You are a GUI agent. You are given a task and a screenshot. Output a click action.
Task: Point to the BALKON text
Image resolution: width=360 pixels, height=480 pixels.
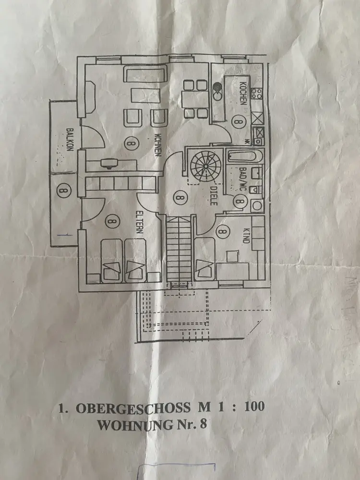(70, 140)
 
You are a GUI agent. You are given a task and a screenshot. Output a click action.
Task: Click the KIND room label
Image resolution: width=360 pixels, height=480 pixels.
(245, 235)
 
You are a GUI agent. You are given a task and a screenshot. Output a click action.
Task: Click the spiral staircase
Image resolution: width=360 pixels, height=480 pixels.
(204, 166)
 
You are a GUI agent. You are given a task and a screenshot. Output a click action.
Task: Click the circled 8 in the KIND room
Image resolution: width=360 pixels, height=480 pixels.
(222, 231)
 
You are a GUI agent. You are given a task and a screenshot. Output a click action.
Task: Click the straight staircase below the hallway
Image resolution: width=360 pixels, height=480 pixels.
(180, 250)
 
